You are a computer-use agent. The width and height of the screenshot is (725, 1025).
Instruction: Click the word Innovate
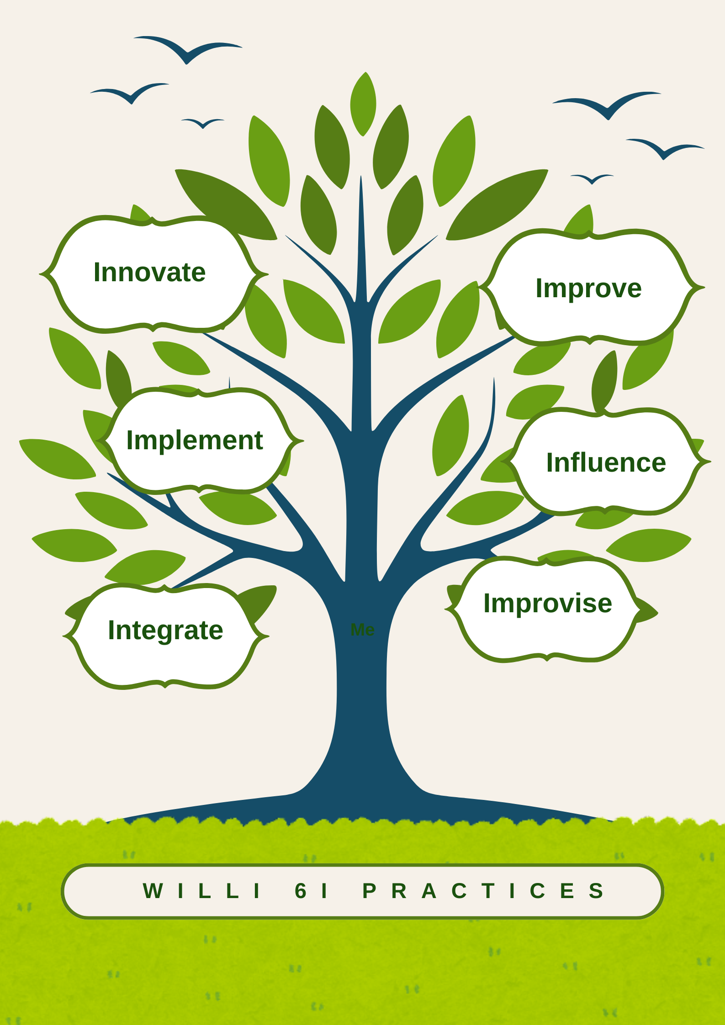point(149,273)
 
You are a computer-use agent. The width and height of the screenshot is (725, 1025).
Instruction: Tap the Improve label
point(588,289)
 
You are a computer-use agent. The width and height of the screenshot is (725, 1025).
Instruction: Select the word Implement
point(195,441)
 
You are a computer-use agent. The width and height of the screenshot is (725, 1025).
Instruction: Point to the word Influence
point(606,463)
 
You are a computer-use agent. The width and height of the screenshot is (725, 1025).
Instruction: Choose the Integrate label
point(165,631)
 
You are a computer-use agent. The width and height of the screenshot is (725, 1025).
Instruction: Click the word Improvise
point(547,603)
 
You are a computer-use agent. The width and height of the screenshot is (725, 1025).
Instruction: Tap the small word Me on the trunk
point(363,630)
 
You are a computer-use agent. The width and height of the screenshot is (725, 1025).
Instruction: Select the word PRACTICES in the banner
point(484,891)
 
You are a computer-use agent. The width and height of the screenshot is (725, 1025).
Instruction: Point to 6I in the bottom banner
point(311,891)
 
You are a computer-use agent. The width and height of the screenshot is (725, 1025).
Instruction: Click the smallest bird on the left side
point(203,123)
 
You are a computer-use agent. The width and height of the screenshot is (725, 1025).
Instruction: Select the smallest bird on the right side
point(592,179)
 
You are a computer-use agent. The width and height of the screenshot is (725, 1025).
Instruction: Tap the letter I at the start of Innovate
point(96,273)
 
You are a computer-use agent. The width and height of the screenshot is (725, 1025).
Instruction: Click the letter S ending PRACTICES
point(596,891)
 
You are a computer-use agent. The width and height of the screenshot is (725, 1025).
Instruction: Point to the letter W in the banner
point(153,891)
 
